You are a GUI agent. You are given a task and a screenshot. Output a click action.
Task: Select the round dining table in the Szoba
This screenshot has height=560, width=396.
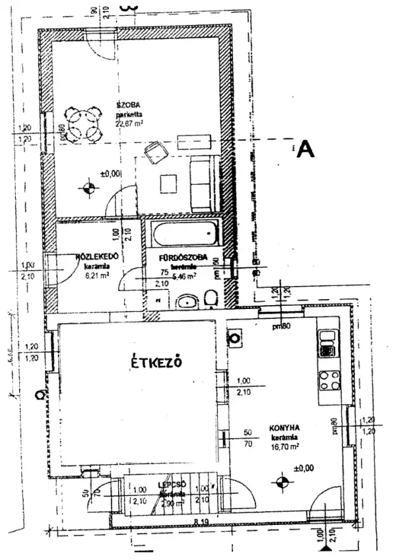pos(83,125)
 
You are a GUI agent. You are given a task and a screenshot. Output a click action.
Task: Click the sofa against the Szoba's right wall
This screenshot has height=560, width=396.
pos(202,184)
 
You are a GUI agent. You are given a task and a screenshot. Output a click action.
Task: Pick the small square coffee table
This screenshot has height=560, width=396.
pos(168,182)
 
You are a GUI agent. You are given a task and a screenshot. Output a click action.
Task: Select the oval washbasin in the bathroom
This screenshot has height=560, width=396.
pos(187,302)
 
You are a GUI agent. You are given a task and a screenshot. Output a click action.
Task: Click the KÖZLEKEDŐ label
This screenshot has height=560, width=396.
pos(97,256)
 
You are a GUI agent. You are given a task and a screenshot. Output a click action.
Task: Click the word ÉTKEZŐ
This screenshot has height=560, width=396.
pos(155,363)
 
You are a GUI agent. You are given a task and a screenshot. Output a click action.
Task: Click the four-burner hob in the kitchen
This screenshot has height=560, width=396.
pos(328,380)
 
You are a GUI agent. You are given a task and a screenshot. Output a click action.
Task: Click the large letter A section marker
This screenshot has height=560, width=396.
pos(305,149)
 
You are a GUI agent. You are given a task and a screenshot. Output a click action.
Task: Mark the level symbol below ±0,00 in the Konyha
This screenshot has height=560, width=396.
pos(282,483)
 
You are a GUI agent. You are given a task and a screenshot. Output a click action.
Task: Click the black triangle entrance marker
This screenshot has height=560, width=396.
pos(324,547)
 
